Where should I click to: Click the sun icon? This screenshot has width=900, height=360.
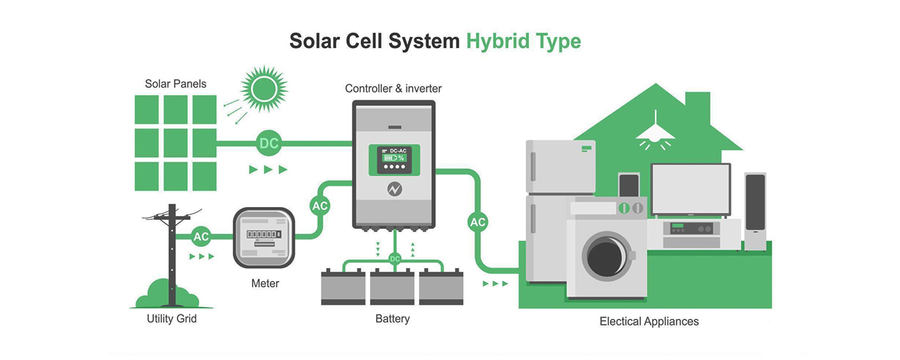tap(263, 88)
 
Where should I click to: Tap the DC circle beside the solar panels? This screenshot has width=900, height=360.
tap(269, 143)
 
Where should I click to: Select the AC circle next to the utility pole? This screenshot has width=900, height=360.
tap(201, 236)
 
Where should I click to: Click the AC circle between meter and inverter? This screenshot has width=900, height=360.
tap(319, 206)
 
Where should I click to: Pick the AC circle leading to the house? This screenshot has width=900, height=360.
tap(478, 222)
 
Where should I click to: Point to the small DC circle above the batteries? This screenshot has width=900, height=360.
tap(395, 258)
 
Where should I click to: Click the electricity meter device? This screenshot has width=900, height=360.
tap(264, 237)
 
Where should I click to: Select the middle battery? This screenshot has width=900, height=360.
tap(392, 287)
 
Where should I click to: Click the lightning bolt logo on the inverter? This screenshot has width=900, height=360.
tap(394, 189)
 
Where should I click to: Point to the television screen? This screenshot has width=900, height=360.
tap(690, 189)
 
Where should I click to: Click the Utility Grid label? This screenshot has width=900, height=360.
tap(171, 318)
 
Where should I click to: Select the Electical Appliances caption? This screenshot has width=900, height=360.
tap(649, 321)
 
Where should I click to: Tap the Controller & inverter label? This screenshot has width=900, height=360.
tap(393, 88)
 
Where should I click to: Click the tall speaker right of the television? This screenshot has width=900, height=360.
tap(755, 210)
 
